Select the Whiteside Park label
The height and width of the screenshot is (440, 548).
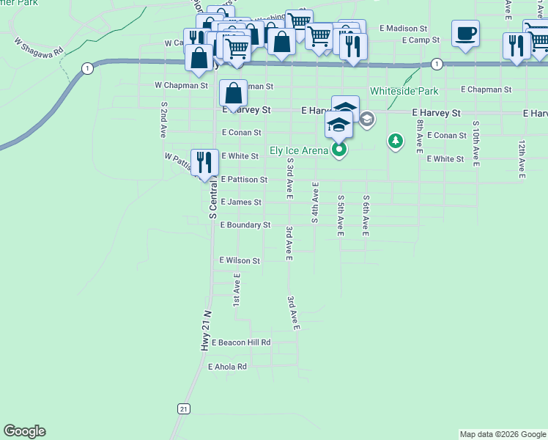pos(404,91)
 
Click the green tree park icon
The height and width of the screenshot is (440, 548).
pos(396,140)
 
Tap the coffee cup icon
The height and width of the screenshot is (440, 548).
pos(466,34)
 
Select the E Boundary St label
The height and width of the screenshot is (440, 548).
pos(245,225)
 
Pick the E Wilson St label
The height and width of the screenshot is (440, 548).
pos(240,260)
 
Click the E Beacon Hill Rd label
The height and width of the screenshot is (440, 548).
pos(241,342)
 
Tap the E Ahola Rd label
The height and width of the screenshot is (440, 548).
pos(228,367)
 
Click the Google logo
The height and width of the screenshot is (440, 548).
pos(24,431)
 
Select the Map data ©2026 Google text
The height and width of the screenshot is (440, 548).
pos(503,434)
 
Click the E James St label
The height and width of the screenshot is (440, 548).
pos(241,202)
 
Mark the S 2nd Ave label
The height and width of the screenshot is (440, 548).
pos(163,120)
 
